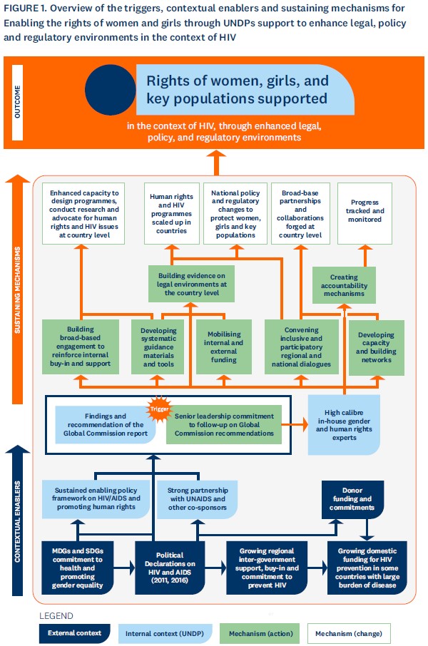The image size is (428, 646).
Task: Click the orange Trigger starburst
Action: [x=159, y=409]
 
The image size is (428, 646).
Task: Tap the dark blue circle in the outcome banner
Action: [x=110, y=90]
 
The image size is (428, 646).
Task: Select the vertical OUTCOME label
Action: [x=17, y=102]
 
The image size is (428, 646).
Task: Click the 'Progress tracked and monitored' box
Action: [x=365, y=213]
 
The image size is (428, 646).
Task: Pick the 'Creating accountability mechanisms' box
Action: [x=344, y=285]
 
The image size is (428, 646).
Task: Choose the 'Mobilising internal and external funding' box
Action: [x=224, y=347]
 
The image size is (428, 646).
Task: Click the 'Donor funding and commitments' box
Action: [x=352, y=499]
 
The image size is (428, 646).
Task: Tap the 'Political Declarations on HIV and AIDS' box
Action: [x=170, y=568]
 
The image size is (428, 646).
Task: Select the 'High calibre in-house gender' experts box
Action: [x=344, y=425]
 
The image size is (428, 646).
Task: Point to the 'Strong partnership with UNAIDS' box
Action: [x=198, y=499]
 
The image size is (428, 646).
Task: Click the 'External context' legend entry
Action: [x=75, y=633]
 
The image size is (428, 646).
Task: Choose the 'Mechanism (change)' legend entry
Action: [x=349, y=634]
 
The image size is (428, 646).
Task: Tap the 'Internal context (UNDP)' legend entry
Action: [x=165, y=634]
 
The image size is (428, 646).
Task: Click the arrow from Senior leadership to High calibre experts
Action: [x=295, y=424]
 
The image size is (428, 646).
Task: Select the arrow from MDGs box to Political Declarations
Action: [x=124, y=568]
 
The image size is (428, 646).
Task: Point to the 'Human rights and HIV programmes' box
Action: [x=171, y=213]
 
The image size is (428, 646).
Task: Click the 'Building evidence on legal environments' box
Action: [x=192, y=284]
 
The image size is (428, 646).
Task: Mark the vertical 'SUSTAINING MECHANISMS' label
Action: [x=17, y=289]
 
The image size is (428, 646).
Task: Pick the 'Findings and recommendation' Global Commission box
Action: [x=106, y=425]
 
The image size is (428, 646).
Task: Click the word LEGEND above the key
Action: [x=56, y=615]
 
